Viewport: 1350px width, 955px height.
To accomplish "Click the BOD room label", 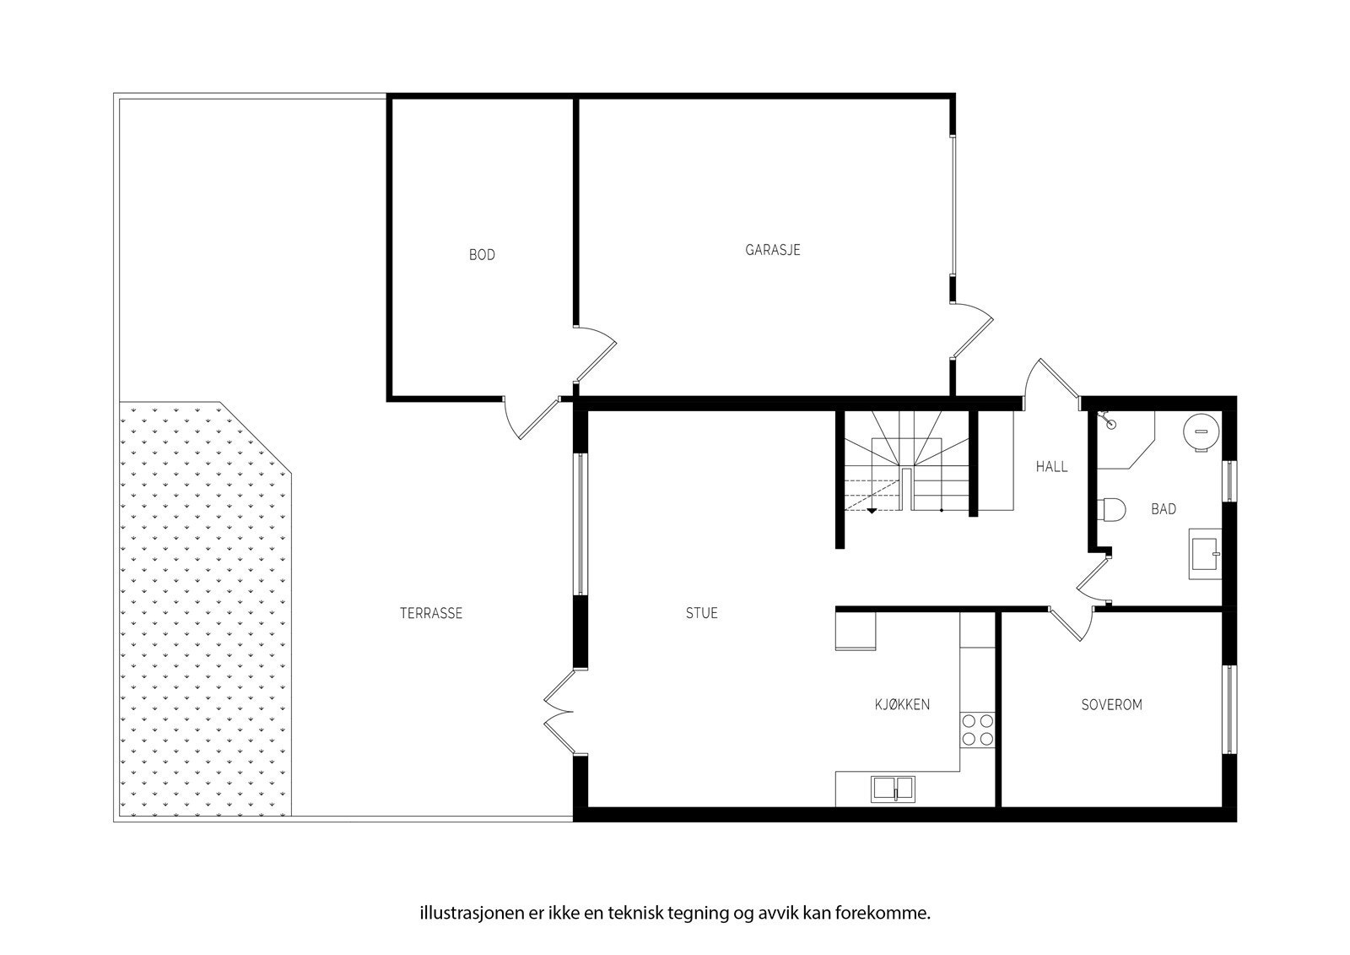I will [x=482, y=254].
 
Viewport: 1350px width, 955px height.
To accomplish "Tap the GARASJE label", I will [x=772, y=250].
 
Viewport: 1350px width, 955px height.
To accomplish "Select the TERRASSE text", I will [x=430, y=614].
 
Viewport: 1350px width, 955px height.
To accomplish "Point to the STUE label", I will [x=701, y=613].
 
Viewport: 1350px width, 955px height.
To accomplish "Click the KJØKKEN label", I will [x=902, y=704].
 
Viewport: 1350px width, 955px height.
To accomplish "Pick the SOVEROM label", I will [x=1111, y=704].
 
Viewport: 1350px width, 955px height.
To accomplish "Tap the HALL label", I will [x=1051, y=466].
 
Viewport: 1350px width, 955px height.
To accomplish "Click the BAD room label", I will [x=1163, y=509].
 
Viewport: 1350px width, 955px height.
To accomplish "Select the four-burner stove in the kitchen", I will [x=978, y=730].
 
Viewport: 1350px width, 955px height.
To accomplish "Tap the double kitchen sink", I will [x=892, y=789].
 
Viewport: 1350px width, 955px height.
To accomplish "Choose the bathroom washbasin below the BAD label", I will [x=1204, y=554].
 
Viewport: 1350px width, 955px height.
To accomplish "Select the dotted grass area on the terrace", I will [x=202, y=608].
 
